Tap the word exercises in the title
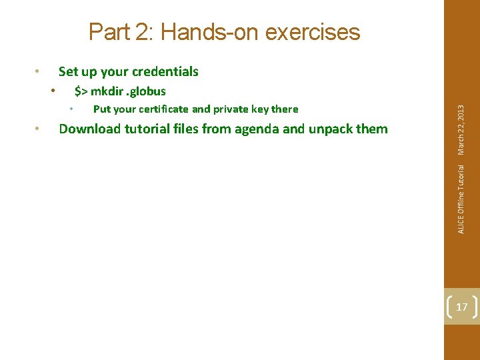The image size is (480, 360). (315, 32)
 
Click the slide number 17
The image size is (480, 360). (461, 307)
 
